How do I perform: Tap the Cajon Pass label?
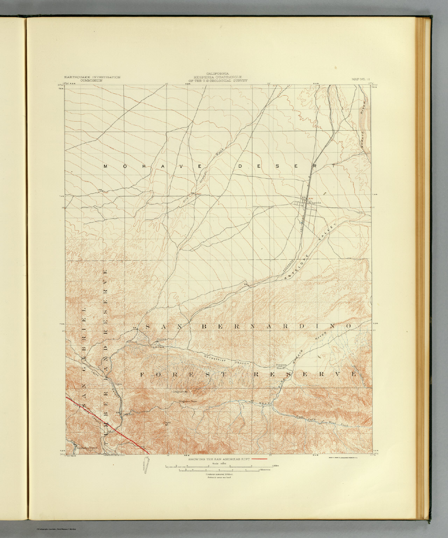click(x=157, y=347)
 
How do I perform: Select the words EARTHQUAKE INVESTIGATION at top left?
click(x=92, y=77)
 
